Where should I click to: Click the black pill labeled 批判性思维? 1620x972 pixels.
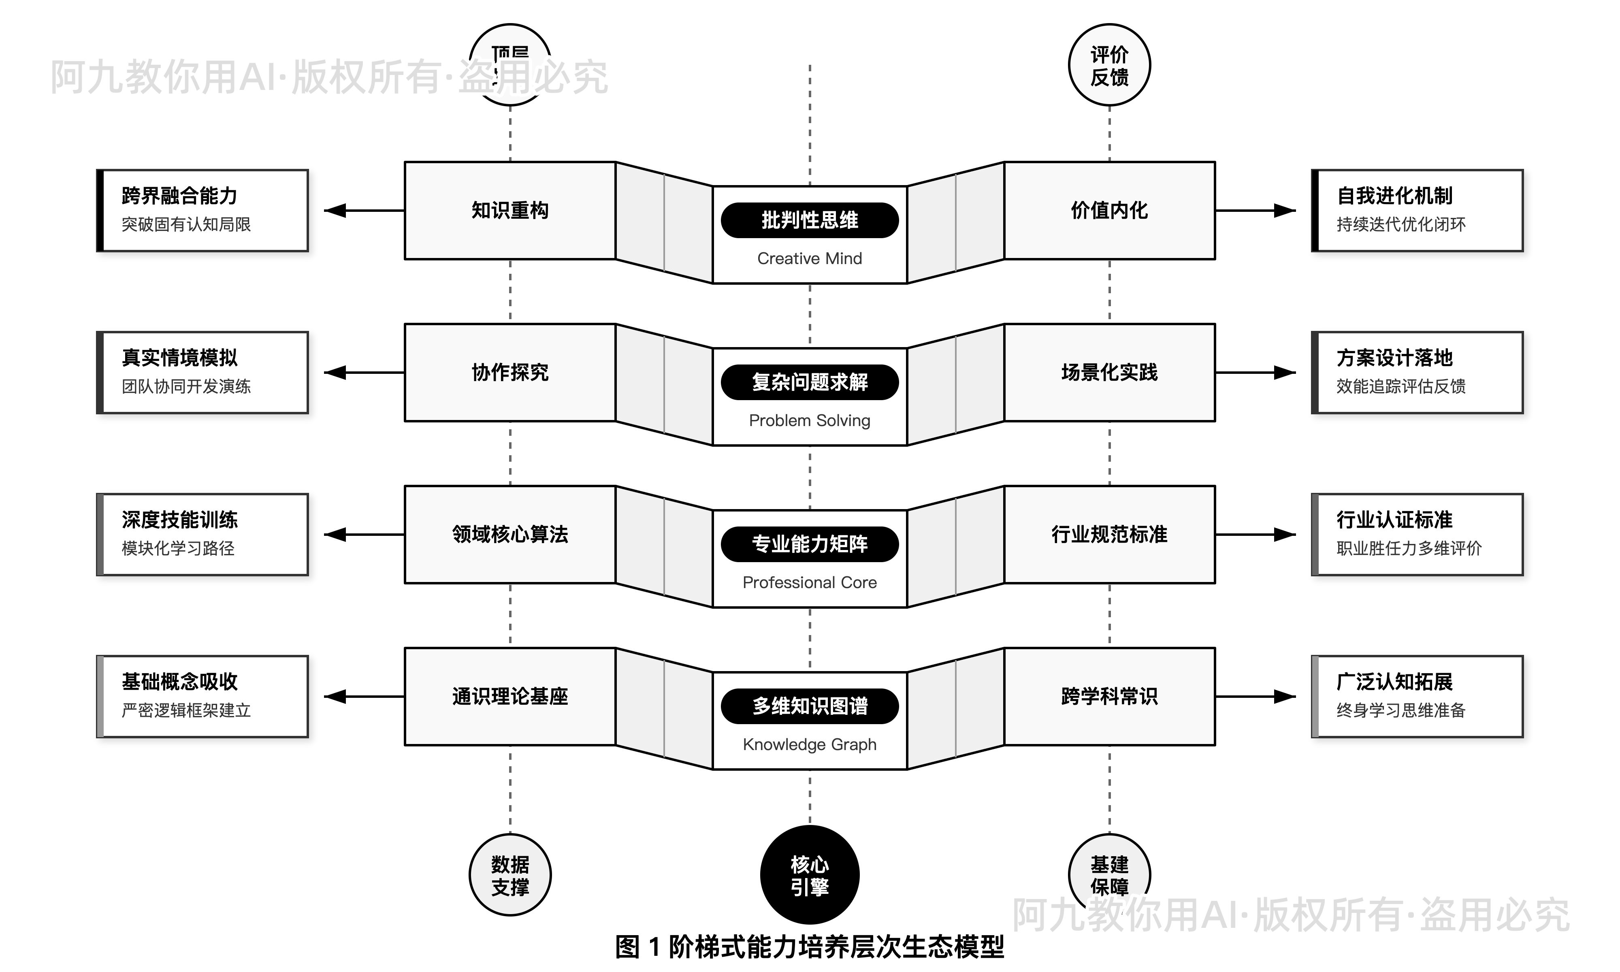click(x=809, y=220)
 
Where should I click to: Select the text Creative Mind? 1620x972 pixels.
click(x=809, y=259)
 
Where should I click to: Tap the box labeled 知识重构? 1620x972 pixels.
click(x=509, y=210)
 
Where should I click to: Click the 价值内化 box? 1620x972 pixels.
click(x=1109, y=210)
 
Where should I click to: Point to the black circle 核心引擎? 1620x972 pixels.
click(x=809, y=875)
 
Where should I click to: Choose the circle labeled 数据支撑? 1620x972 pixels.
click(x=509, y=875)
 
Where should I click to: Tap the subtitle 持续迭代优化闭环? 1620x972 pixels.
click(x=1400, y=225)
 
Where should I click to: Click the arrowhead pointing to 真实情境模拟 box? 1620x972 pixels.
click(x=335, y=373)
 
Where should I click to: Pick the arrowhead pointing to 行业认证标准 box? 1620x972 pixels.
click(x=1285, y=535)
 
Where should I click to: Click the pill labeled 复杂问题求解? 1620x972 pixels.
click(x=809, y=382)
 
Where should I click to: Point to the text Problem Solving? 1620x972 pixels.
click(x=809, y=420)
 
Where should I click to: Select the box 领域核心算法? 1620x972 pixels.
click(x=509, y=535)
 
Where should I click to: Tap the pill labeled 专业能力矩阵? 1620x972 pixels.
click(x=809, y=544)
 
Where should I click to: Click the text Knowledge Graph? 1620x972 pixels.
click(x=809, y=745)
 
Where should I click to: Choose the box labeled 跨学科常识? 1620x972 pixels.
click(x=1109, y=696)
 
